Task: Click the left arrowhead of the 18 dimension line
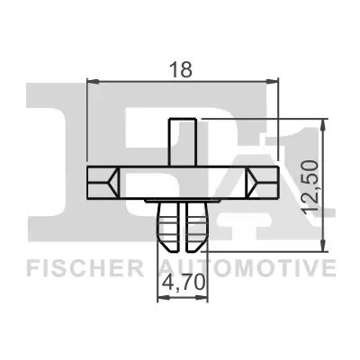[x=91, y=82]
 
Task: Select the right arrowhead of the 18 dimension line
[x=276, y=82]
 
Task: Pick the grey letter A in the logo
[x=225, y=180]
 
